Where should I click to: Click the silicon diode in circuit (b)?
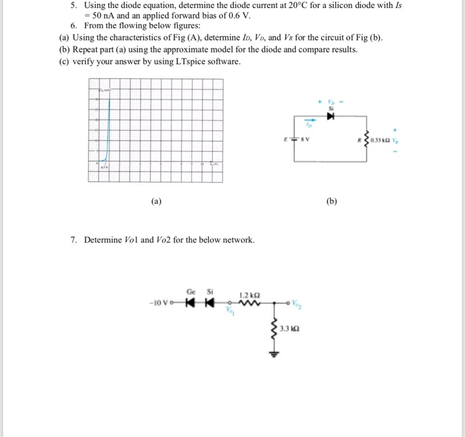tap(330, 118)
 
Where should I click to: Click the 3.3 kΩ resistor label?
tap(289, 328)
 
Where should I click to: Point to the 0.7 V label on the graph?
tap(104, 169)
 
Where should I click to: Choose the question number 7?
tap(73, 240)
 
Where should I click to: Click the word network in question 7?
tap(237, 240)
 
